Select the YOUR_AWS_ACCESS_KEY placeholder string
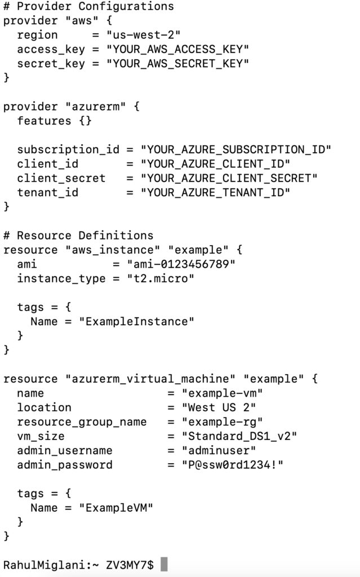(x=177, y=50)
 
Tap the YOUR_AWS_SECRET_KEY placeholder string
(x=177, y=64)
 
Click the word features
(x=45, y=121)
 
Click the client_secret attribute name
(x=61, y=178)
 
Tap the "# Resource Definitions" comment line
(x=78, y=236)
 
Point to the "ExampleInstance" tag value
(x=136, y=321)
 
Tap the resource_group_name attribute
(x=82, y=422)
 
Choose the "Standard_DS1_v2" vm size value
(x=239, y=436)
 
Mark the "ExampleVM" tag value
(x=116, y=508)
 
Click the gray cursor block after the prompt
(x=164, y=565)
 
